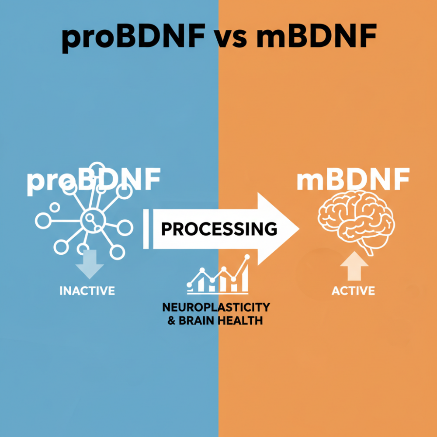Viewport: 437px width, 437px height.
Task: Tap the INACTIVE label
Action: coord(87,291)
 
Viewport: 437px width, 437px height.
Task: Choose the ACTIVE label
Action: coord(353,291)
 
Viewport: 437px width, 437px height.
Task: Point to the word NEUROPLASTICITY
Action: coord(216,307)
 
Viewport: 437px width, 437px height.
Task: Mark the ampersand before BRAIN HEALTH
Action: coord(172,320)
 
